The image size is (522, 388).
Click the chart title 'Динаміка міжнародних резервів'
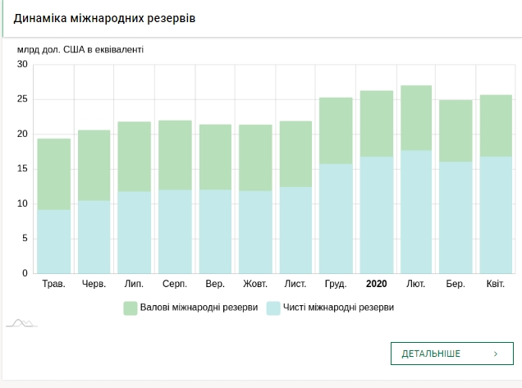pyautogui.click(x=104, y=18)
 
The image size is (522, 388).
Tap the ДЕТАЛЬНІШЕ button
pyautogui.click(x=451, y=354)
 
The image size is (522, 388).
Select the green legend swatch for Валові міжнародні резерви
pyautogui.click(x=130, y=308)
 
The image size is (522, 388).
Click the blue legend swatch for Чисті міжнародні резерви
pyautogui.click(x=274, y=308)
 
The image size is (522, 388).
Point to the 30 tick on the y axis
pyautogui.click(x=22, y=65)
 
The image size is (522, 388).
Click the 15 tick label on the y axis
pyautogui.click(x=22, y=169)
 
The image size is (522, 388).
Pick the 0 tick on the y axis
pyautogui.click(x=25, y=273)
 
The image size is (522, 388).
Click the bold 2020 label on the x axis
pyautogui.click(x=376, y=284)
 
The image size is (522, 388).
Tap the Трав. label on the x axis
pyautogui.click(x=53, y=284)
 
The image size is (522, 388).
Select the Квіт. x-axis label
pyautogui.click(x=496, y=284)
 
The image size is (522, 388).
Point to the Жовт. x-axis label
pyautogui.click(x=255, y=284)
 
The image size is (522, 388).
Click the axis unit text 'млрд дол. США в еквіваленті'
pyautogui.click(x=80, y=49)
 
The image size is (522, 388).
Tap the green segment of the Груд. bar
pyautogui.click(x=336, y=130)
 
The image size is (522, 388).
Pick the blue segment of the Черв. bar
pyautogui.click(x=94, y=237)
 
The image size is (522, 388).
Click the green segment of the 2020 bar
pyautogui.click(x=376, y=123)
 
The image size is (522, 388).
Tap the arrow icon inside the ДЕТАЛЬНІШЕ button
pyautogui.click(x=496, y=354)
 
